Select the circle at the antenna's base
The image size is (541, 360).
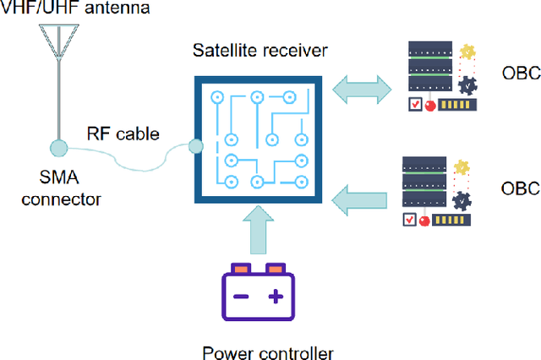click(x=58, y=148)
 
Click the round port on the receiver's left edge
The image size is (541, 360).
click(x=196, y=147)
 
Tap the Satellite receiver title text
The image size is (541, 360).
click(x=259, y=51)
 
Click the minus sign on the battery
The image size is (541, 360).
click(x=241, y=297)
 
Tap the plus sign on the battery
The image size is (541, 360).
click(x=275, y=297)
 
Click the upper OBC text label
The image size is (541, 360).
click(x=520, y=72)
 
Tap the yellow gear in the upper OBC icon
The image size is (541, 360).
click(x=467, y=52)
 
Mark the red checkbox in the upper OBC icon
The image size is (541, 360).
click(x=415, y=106)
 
